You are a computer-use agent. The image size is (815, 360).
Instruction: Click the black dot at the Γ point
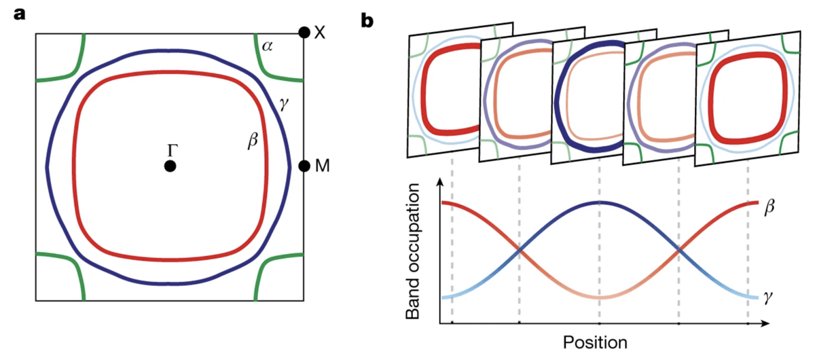[x=170, y=166]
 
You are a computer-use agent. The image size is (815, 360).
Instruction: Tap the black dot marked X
[x=304, y=33]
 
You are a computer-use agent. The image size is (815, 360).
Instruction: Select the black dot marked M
[x=304, y=166]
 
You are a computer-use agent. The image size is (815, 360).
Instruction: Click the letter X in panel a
[x=319, y=33]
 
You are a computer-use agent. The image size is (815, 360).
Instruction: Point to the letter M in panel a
[x=323, y=166]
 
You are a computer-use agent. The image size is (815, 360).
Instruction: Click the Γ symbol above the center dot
[x=173, y=150]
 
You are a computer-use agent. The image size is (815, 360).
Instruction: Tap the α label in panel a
[x=267, y=46]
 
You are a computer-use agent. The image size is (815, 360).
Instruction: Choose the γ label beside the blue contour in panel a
[x=283, y=104]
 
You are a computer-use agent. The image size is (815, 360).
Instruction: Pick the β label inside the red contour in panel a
[x=253, y=141]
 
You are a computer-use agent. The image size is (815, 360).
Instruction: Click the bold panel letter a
[x=20, y=14]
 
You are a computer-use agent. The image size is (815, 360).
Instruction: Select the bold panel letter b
[x=367, y=21]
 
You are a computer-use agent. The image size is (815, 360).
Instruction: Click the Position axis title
[x=595, y=342]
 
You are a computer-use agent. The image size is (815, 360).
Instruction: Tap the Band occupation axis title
[x=413, y=251]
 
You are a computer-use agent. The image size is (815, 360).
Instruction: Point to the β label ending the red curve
[x=769, y=206]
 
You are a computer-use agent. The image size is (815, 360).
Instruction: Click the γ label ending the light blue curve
[x=768, y=298]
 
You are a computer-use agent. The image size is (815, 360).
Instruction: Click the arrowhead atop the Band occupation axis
[x=441, y=182]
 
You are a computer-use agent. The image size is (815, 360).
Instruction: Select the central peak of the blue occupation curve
[x=599, y=202]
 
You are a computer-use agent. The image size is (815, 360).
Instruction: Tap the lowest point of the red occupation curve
[x=600, y=298]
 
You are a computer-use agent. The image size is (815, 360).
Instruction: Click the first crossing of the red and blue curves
[x=520, y=250]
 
